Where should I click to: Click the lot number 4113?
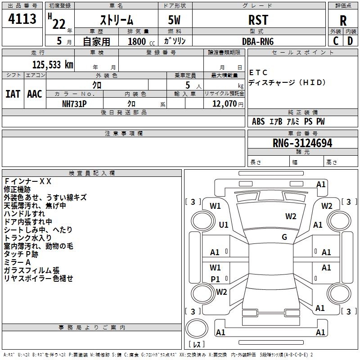click(22, 19)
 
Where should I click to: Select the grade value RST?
click(258, 20)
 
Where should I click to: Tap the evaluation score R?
click(343, 21)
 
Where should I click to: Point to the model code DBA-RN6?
click(258, 41)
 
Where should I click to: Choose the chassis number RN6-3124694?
click(302, 143)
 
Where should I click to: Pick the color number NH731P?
click(74, 103)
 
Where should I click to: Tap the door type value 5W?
click(174, 20)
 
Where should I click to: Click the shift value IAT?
click(13, 94)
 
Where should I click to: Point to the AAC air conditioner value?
click(34, 94)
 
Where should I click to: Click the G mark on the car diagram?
click(284, 237)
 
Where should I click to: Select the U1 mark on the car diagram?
click(224, 225)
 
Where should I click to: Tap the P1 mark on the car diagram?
click(216, 279)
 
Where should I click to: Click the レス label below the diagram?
click(196, 344)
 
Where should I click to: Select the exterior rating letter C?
click(335, 41)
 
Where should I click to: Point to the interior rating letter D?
click(350, 41)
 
